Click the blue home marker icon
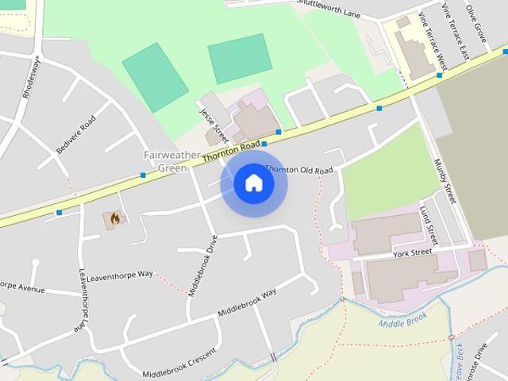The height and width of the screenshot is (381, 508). (253, 183)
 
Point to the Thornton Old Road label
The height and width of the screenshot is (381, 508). (299, 170)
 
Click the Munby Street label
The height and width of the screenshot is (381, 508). (444, 181)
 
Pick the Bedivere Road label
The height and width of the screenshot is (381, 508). (75, 134)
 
